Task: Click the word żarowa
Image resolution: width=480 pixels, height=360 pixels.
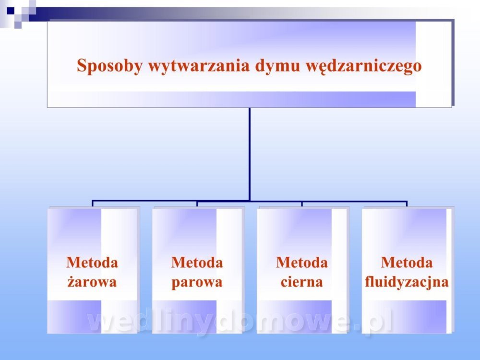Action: (x=92, y=282)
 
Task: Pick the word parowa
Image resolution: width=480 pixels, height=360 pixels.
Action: (x=197, y=282)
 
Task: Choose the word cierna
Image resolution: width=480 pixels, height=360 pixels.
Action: (x=301, y=282)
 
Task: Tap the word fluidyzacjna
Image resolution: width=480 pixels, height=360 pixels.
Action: (x=407, y=282)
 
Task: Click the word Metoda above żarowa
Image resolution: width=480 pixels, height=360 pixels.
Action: (x=92, y=263)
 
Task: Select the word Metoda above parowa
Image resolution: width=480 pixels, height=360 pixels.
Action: (x=197, y=263)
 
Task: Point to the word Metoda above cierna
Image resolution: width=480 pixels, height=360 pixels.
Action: (x=302, y=263)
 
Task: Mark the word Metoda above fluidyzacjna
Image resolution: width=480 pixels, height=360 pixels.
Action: (x=407, y=263)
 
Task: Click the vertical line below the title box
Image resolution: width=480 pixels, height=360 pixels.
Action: (x=250, y=154)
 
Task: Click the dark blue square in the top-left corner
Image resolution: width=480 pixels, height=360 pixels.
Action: (x=11, y=11)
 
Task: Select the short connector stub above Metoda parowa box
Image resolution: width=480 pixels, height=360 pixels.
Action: (x=197, y=204)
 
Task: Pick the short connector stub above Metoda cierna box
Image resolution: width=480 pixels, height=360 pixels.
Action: (x=302, y=204)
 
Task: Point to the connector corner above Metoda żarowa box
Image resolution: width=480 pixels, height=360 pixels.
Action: (x=93, y=202)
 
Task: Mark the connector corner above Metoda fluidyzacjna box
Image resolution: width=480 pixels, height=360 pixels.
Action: (x=407, y=202)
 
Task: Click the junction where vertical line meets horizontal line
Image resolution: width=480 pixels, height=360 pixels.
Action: (x=250, y=201)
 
